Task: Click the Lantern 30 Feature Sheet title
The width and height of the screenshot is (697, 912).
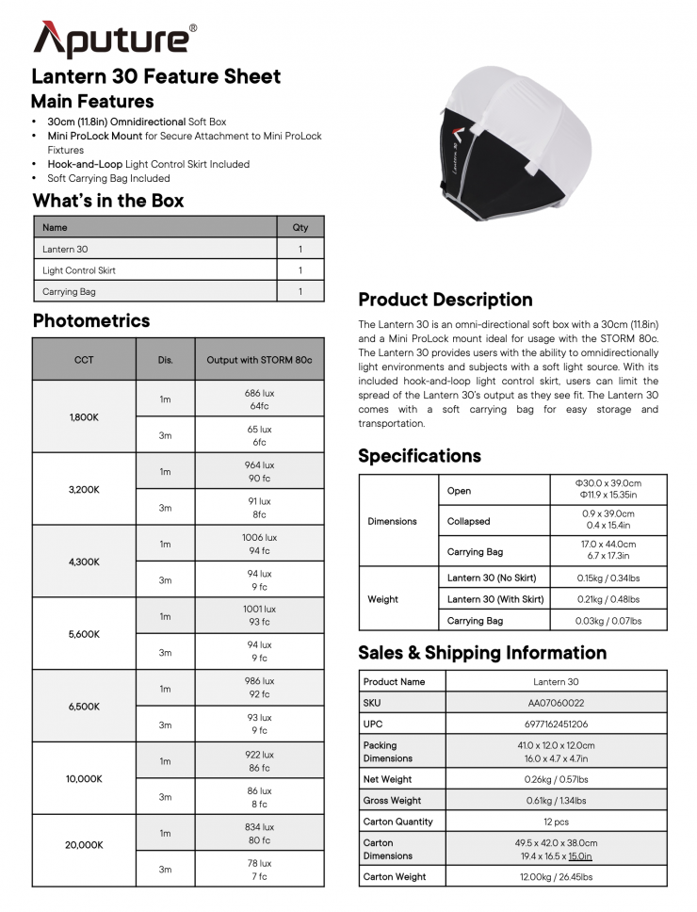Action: click(156, 77)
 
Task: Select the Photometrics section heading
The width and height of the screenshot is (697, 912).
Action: click(91, 320)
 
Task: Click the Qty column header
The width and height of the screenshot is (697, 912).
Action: click(300, 227)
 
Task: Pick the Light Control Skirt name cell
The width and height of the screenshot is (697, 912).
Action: click(79, 270)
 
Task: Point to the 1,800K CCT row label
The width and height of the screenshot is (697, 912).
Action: click(84, 416)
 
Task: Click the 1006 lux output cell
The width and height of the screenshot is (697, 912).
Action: click(259, 544)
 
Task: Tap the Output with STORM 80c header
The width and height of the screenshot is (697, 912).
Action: click(259, 360)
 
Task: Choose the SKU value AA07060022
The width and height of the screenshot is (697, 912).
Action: click(556, 703)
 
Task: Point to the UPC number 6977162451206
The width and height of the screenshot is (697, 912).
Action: click(556, 724)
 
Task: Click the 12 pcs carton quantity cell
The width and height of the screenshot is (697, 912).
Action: click(556, 822)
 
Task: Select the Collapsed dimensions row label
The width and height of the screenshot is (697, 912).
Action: click(468, 521)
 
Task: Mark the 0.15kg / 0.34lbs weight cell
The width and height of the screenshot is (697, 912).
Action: click(608, 577)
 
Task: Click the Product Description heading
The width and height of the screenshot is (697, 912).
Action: click(446, 300)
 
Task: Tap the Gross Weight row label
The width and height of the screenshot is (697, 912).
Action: click(392, 801)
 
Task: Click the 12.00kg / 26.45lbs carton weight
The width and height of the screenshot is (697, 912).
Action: click(556, 877)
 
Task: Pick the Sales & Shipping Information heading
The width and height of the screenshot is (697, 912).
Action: click(482, 653)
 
